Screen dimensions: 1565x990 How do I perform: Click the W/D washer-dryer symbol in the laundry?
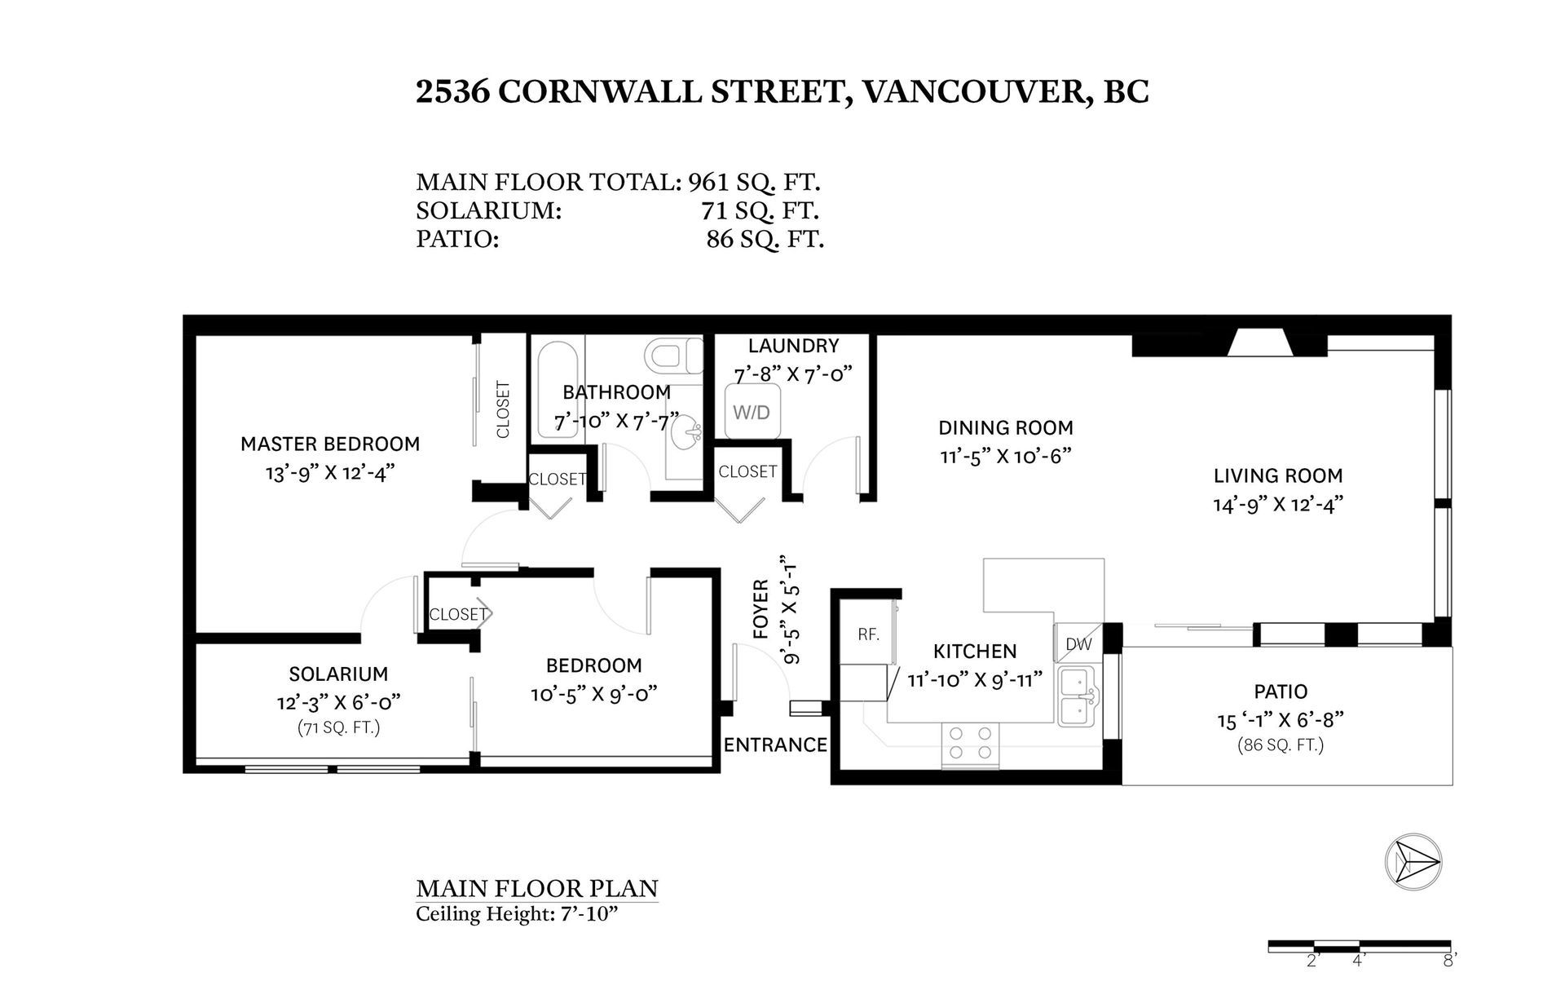click(x=752, y=412)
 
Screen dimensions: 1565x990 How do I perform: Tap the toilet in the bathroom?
click(x=674, y=356)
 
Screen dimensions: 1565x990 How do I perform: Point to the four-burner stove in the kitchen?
click(x=971, y=745)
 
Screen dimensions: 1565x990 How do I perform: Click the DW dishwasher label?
click(x=1078, y=644)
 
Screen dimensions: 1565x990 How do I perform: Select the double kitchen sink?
click(x=1078, y=696)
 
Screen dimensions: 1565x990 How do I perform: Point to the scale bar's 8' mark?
click(x=1448, y=961)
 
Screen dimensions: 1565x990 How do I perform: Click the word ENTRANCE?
click(x=775, y=745)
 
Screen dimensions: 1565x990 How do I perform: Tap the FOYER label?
click(x=760, y=608)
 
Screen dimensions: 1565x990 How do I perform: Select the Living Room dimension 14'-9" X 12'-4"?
click(x=1277, y=505)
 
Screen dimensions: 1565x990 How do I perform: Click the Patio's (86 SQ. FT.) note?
click(x=1281, y=745)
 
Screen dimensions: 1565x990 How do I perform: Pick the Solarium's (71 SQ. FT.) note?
click(x=338, y=727)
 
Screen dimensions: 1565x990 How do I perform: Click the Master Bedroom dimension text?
click(x=330, y=473)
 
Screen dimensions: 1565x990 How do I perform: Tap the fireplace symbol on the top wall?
click(x=1258, y=343)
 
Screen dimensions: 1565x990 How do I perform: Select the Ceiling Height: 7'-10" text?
click(x=517, y=913)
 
